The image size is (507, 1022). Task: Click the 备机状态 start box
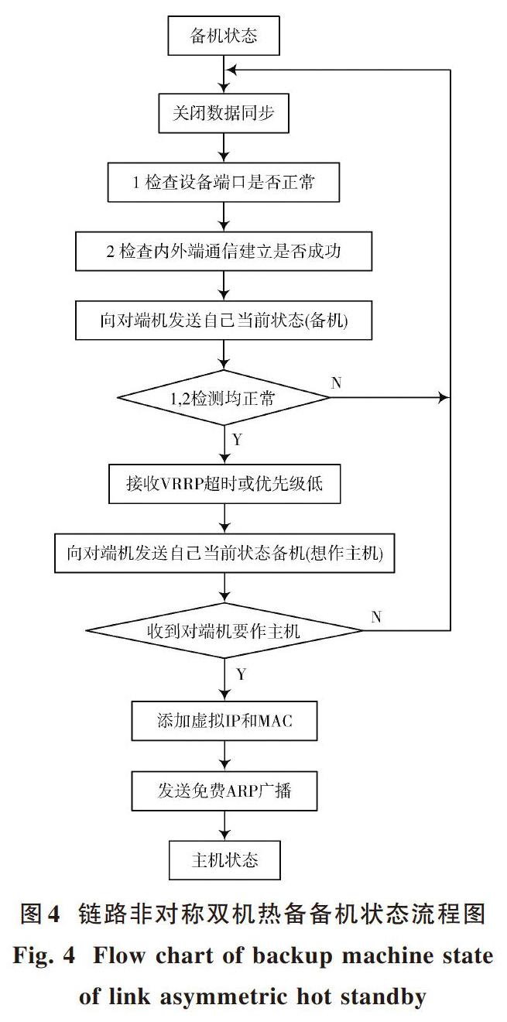(224, 36)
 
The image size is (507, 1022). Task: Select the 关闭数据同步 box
(224, 113)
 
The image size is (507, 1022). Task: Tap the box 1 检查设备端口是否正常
(224, 182)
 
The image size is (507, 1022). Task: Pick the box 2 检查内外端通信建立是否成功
(224, 251)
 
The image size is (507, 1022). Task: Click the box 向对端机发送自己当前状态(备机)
(224, 320)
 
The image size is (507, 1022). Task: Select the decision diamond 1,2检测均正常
(224, 398)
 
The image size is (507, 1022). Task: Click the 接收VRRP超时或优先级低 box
(224, 484)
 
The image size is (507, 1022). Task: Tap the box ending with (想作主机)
(224, 553)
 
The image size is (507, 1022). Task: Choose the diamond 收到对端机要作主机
(224, 630)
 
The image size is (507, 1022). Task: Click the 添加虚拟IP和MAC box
(224, 721)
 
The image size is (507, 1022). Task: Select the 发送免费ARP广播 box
(224, 791)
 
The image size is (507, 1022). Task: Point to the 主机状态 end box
(224, 860)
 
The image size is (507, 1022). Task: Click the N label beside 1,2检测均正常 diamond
(337, 382)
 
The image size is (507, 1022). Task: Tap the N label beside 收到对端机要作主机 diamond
(376, 617)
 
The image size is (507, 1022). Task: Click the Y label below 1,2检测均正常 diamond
(238, 440)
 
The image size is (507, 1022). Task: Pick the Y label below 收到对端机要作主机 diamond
(242, 674)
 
